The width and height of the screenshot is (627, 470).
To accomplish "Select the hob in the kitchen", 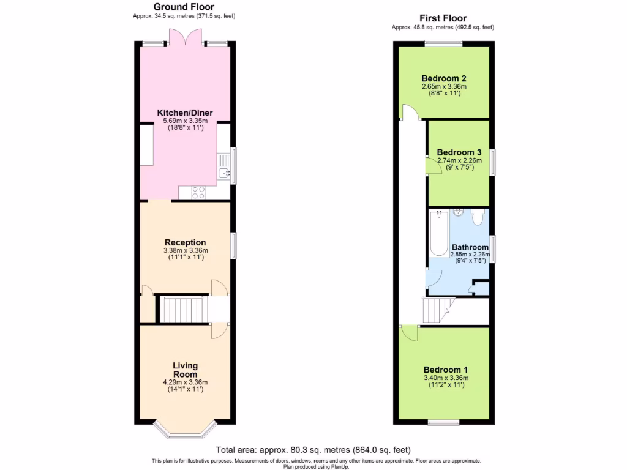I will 199,192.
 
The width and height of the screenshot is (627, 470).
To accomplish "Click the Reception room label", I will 185,242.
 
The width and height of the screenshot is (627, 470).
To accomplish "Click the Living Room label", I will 185,370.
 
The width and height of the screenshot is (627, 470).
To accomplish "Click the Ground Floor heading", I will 184,7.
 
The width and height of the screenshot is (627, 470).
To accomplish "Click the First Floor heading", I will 443,18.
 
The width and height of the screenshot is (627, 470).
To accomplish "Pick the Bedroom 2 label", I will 444,78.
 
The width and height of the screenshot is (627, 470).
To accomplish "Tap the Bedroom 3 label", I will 459,152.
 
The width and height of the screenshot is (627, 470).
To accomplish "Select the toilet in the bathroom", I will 478,216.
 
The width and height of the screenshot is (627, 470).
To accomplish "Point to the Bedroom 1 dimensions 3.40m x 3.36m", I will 445,378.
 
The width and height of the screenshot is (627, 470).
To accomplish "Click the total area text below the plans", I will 313,450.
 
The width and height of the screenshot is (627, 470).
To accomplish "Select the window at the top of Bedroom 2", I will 444,43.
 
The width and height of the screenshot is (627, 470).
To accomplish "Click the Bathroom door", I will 434,277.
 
